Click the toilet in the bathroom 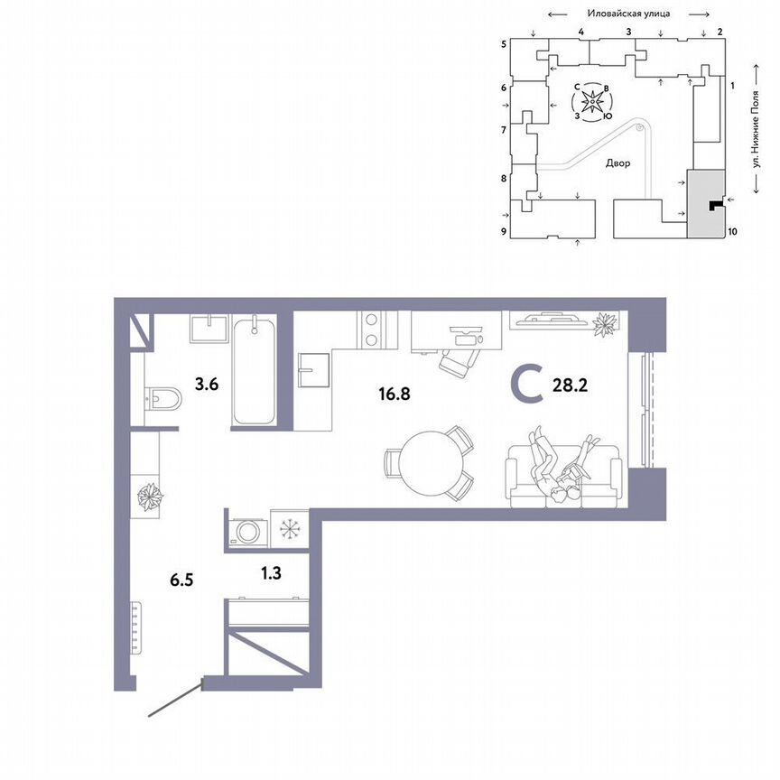point(162,396)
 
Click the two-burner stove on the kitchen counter point(371,330)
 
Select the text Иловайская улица point(627,14)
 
